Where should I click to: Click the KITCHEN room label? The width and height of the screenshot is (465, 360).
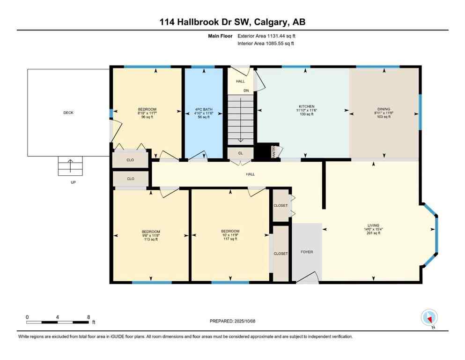pyautogui.click(x=307, y=106)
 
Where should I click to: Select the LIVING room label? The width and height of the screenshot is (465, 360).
pyautogui.click(x=373, y=225)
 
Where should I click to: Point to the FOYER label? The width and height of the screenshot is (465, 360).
pyautogui.click(x=307, y=252)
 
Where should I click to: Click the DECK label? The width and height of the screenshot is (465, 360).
pyautogui.click(x=68, y=112)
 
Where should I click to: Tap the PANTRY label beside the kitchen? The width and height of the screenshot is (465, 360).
pyautogui.click(x=274, y=151)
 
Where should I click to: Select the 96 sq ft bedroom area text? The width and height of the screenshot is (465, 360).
pyautogui.click(x=147, y=117)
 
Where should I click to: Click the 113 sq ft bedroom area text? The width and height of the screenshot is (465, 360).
pyautogui.click(x=151, y=239)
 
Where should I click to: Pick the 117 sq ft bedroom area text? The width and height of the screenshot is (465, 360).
pyautogui.click(x=230, y=239)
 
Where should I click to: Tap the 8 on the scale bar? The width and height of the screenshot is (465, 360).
pyautogui.click(x=89, y=317)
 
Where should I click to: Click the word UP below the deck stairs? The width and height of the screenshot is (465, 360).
pyautogui.click(x=73, y=182)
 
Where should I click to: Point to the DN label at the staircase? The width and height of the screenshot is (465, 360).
pyautogui.click(x=245, y=90)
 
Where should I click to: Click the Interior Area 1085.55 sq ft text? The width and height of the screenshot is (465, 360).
pyautogui.click(x=266, y=44)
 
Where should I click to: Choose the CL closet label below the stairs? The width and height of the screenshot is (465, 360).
pyautogui.click(x=240, y=153)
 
